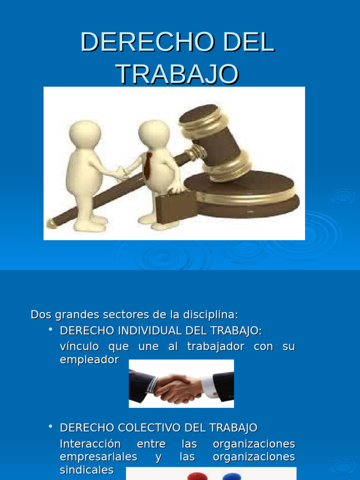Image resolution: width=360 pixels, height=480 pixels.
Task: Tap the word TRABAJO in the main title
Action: coord(177,74)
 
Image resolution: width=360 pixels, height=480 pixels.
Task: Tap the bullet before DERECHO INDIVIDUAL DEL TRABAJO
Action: coord(51,330)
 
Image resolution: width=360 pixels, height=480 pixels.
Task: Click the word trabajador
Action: coord(216,347)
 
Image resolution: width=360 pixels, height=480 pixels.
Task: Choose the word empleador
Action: coord(90,360)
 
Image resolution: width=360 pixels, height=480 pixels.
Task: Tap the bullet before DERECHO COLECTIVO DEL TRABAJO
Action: coord(51,427)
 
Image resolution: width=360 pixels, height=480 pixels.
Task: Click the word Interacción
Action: coord(90,444)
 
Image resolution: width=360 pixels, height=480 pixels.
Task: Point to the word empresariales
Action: coord(98,457)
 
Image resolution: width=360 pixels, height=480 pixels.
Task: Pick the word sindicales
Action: coord(87,470)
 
